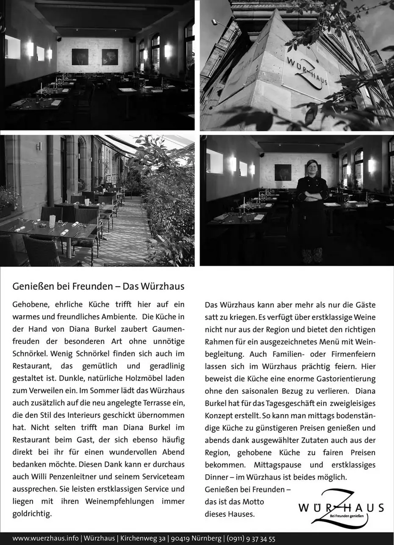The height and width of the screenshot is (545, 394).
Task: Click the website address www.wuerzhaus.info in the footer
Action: pyautogui.click(x=45, y=539)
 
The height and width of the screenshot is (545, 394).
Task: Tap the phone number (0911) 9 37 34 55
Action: pyautogui.click(x=251, y=539)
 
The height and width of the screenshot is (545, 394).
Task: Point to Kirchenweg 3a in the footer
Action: pyautogui.click(x=143, y=539)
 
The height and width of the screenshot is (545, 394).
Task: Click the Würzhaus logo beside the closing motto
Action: pyautogui.click(x=341, y=508)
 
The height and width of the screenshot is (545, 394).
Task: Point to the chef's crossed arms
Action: pyautogui.click(x=312, y=195)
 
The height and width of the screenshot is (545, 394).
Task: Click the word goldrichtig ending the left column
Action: pyautogui.click(x=32, y=514)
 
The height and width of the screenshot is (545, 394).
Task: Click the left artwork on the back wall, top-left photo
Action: pyautogui.click(x=80, y=56)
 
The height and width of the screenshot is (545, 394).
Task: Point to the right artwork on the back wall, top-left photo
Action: pyautogui.click(x=110, y=56)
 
